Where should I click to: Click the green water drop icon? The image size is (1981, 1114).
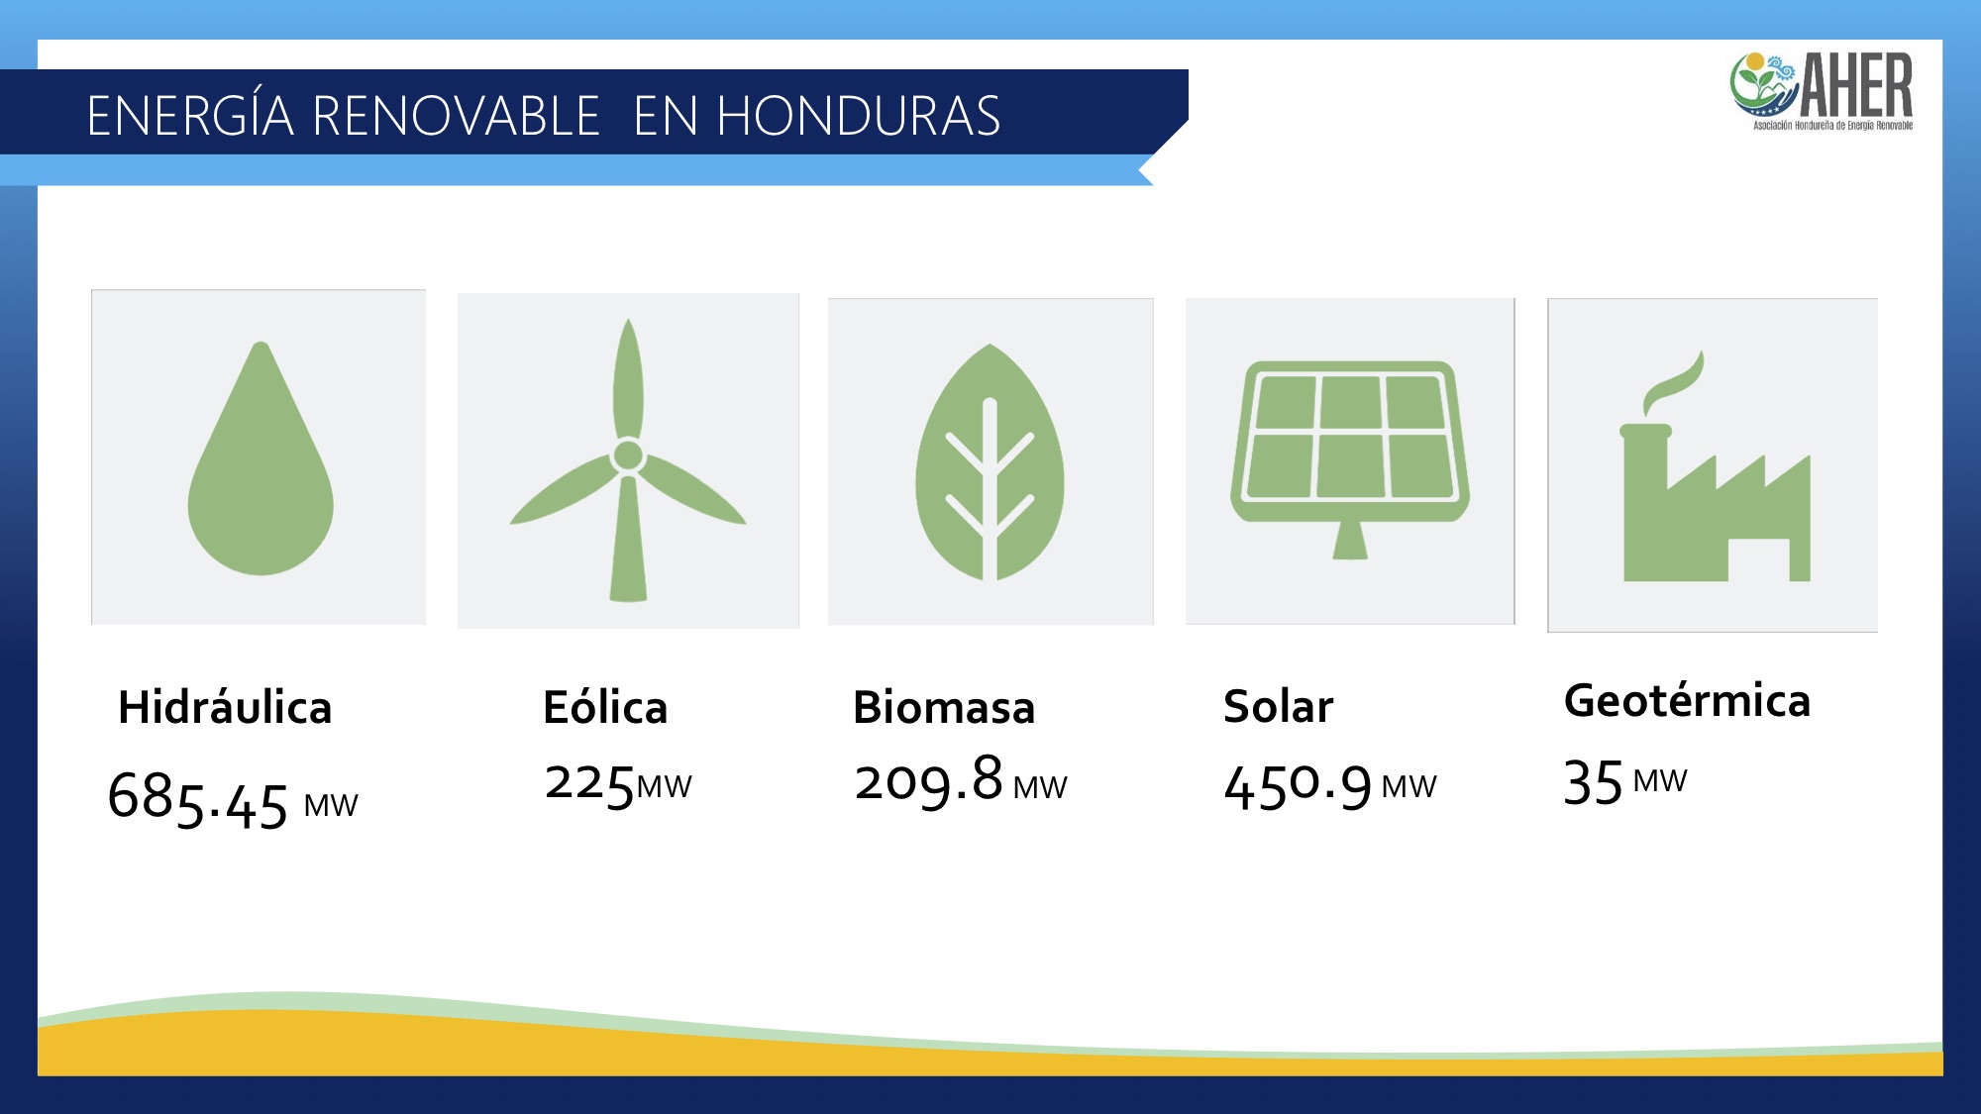[261, 465]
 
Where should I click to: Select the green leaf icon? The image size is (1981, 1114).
[990, 462]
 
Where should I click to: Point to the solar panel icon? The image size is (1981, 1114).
[1350, 456]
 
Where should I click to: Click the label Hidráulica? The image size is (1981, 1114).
[225, 707]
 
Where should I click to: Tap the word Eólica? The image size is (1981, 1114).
[605, 707]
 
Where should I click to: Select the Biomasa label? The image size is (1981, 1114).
[944, 707]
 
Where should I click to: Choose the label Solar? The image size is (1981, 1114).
[1278, 706]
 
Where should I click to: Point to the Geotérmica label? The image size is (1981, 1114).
[1687, 700]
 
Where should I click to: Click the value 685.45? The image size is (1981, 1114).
[198, 798]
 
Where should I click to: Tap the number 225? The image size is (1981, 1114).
[589, 785]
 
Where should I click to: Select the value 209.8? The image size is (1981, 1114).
[929, 780]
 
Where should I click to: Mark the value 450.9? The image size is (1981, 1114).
[1298, 787]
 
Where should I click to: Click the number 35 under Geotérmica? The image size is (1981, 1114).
[1593, 782]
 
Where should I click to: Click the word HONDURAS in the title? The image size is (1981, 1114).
[858, 116]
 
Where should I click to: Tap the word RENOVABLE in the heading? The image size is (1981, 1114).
[456, 116]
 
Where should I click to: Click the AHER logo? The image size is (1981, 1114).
[1823, 91]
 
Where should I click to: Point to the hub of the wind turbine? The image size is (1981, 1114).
[628, 456]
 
